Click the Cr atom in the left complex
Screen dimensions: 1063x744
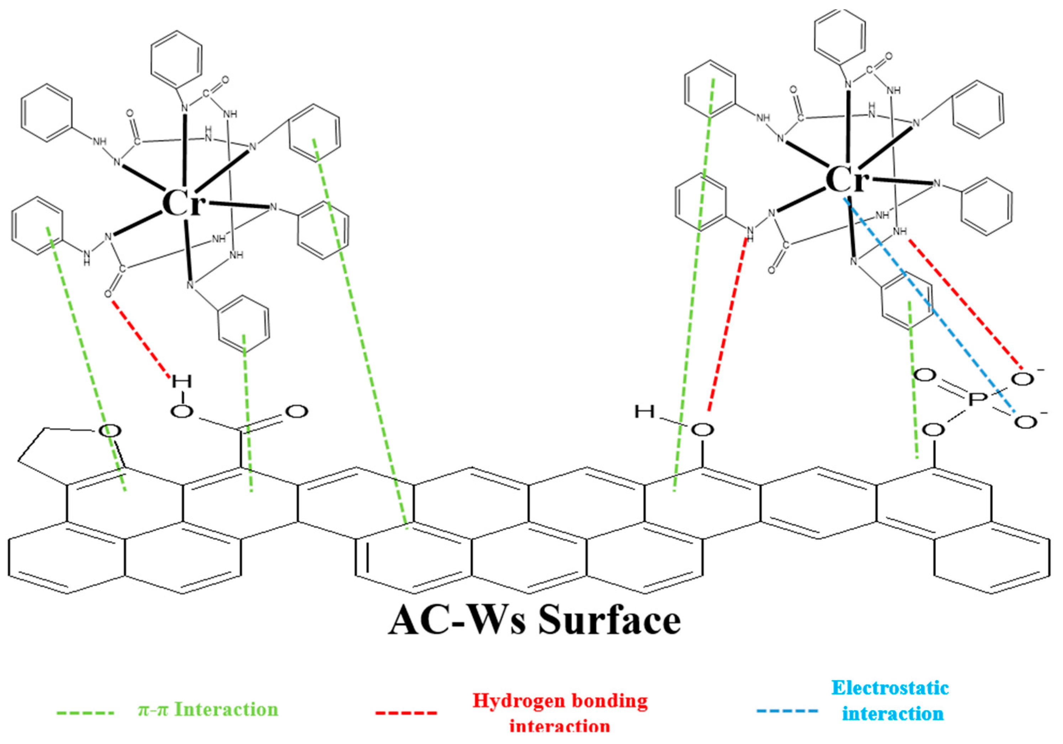tap(183, 203)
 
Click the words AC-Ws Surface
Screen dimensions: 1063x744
tap(535, 621)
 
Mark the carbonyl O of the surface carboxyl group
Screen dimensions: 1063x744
tap(296, 412)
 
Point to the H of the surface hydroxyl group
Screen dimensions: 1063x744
tap(644, 412)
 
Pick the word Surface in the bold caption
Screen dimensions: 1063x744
tap(610, 621)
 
